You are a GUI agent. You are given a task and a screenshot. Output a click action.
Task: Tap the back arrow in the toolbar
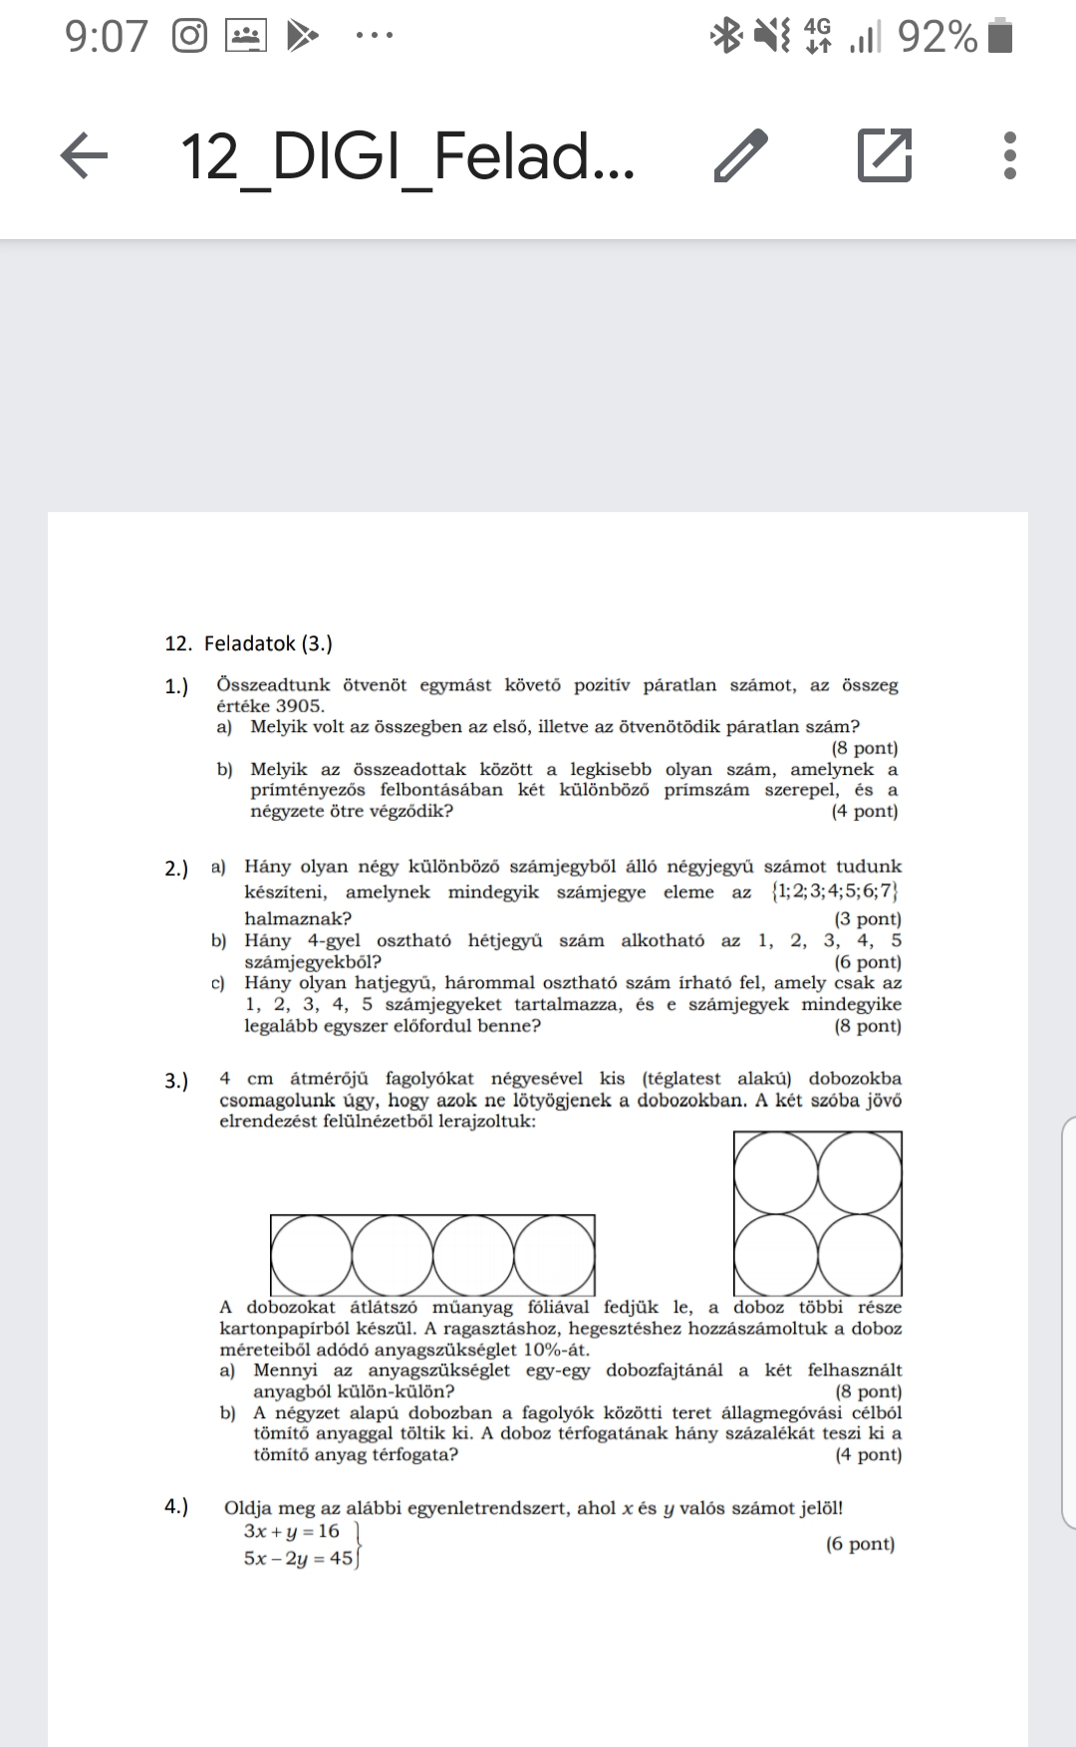coord(85,157)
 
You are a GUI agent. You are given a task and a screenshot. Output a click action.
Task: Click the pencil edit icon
coord(741,156)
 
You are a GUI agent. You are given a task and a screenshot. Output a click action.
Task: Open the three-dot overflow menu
coord(1009,156)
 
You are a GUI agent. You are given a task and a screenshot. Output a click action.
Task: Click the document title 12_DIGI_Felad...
coord(406,156)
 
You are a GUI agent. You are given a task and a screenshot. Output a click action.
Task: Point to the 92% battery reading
coord(937,38)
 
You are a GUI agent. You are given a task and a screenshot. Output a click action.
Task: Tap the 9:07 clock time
coord(106,38)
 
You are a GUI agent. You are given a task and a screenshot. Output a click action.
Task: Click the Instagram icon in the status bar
coord(189,37)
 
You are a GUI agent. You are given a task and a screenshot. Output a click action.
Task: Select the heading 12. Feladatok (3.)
coord(249,643)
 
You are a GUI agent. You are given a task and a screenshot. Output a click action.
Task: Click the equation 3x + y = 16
coord(291,1531)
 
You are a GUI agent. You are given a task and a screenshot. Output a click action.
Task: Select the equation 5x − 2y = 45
coord(298,1559)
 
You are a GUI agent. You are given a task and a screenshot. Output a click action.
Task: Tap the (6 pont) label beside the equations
coord(860,1544)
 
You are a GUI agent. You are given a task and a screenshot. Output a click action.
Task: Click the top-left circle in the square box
coord(776,1173)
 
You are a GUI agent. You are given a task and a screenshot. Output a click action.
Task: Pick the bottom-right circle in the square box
coord(860,1255)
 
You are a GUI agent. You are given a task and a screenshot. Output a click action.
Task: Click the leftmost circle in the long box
coord(311,1255)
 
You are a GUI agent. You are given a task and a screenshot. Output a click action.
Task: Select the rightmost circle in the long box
coord(554,1255)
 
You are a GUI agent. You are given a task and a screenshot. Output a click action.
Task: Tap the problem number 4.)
coord(176,1506)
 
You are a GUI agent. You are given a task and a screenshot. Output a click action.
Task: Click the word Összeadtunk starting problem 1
coord(269,685)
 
